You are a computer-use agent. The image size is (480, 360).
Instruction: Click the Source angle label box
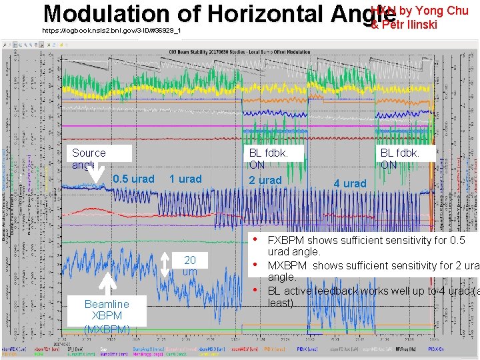pyautogui.click(x=89, y=158)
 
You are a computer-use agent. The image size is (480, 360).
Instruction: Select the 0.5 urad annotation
pyautogui.click(x=133, y=179)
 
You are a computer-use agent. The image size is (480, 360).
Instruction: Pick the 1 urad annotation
pyautogui.click(x=185, y=179)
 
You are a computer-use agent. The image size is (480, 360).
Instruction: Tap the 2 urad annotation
pyautogui.click(x=265, y=180)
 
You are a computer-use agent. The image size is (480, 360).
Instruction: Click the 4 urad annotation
pyautogui.click(x=350, y=183)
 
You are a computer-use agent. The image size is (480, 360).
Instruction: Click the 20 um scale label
pyautogui.click(x=189, y=266)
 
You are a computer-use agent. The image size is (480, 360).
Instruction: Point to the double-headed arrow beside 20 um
pyautogui.click(x=169, y=265)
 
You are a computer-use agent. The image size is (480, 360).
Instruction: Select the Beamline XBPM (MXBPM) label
pyautogui.click(x=107, y=316)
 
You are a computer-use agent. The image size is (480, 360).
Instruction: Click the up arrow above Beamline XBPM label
pyautogui.click(x=107, y=283)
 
